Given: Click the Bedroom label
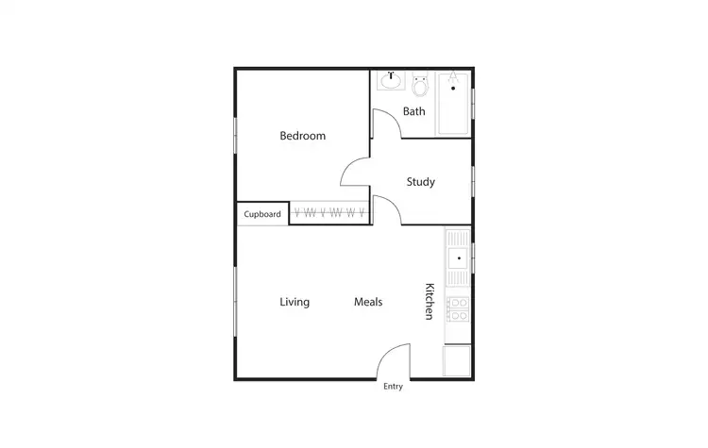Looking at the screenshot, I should point(302,136).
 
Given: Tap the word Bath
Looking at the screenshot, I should point(413,111).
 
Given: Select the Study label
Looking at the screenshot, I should point(420,182).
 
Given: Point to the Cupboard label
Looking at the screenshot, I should point(262,214).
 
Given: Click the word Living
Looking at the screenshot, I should point(295,302).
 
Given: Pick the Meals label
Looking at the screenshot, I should point(367,302).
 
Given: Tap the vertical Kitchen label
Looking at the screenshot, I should point(429,301).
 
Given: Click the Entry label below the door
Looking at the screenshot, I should point(393,387).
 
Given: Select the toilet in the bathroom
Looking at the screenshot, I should point(421,84).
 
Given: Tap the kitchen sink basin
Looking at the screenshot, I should point(458,256).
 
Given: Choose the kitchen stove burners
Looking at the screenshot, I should point(458,308).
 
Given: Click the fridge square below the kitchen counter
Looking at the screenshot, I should point(458,360).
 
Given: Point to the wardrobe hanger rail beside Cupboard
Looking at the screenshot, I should point(329,213).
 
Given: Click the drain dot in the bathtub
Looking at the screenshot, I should point(455,87).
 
